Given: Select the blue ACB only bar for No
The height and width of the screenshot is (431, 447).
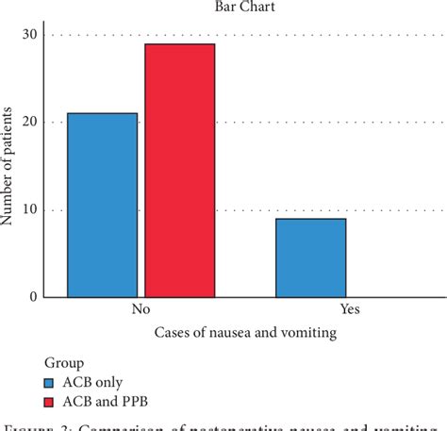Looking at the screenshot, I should pyautogui.click(x=102, y=205).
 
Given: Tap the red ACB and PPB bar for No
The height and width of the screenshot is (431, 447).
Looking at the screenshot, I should pyautogui.click(x=179, y=170).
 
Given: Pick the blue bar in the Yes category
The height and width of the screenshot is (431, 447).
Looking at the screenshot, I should pyautogui.click(x=311, y=257).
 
